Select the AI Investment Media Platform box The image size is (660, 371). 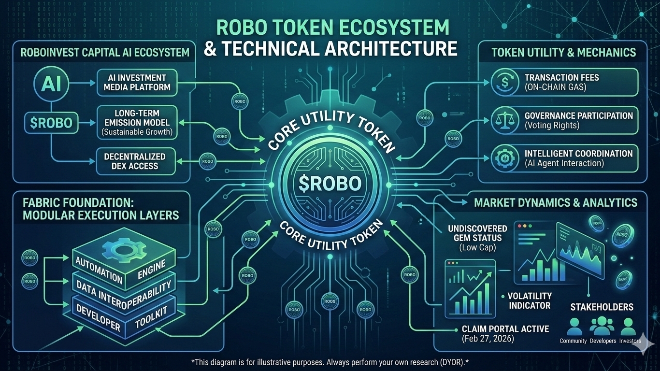pyautogui.click(x=137, y=83)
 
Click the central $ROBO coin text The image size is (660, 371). pyautogui.click(x=330, y=184)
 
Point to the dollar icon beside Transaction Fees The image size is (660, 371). pyautogui.click(x=503, y=82)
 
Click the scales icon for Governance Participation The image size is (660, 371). pyautogui.click(x=503, y=120)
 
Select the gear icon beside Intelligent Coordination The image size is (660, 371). pyautogui.click(x=503, y=158)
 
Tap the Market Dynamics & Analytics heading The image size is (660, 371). pyautogui.click(x=556, y=202)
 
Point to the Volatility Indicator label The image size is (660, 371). pyautogui.click(x=530, y=300)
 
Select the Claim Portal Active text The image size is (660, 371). pyautogui.click(x=505, y=329)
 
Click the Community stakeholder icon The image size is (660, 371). pyautogui.click(x=574, y=327)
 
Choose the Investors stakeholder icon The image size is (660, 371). pyautogui.click(x=628, y=327)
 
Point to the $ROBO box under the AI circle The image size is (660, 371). pyautogui.click(x=51, y=123)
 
